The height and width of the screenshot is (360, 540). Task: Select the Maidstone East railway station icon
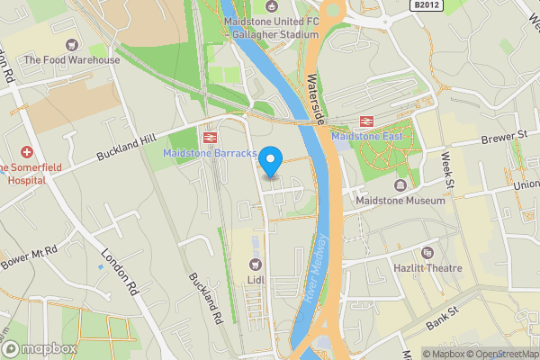[366, 121]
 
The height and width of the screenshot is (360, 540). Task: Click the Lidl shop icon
[256, 264]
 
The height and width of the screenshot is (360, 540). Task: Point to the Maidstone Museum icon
[401, 185]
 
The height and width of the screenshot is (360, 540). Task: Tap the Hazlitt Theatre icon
[427, 253]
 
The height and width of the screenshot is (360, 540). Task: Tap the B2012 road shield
[428, 5]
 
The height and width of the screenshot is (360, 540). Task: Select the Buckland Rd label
[204, 297]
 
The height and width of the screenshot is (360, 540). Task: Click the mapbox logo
[40, 348]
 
